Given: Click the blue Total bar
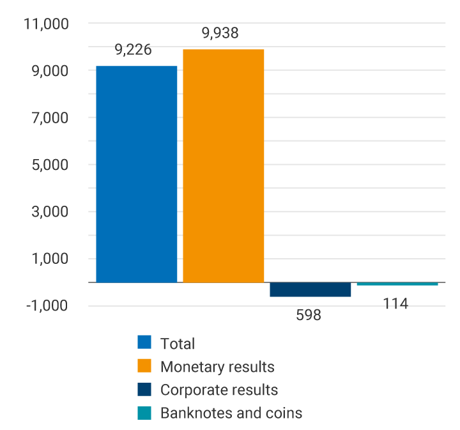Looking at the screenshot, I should pos(136,174).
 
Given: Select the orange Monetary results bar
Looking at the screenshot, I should pos(223,165).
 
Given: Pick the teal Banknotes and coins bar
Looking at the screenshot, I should pos(397,284).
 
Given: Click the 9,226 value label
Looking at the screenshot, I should pos(134,50).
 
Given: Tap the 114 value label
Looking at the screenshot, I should pos(395,303).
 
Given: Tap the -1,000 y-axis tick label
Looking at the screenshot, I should pos(46,305).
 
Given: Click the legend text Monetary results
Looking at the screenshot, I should pos(217,367).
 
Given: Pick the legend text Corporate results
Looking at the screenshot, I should pos(219,390).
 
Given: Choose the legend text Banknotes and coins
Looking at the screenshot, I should pos(231,413).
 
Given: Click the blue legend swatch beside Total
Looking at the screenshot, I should pos(144,342).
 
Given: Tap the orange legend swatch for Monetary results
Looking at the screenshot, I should pos(144,366).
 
